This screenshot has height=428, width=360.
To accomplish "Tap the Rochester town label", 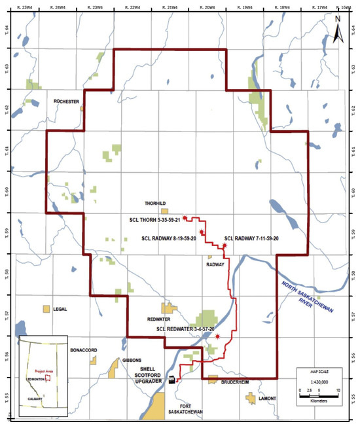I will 67,101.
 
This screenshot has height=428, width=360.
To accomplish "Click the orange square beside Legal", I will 46,309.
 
